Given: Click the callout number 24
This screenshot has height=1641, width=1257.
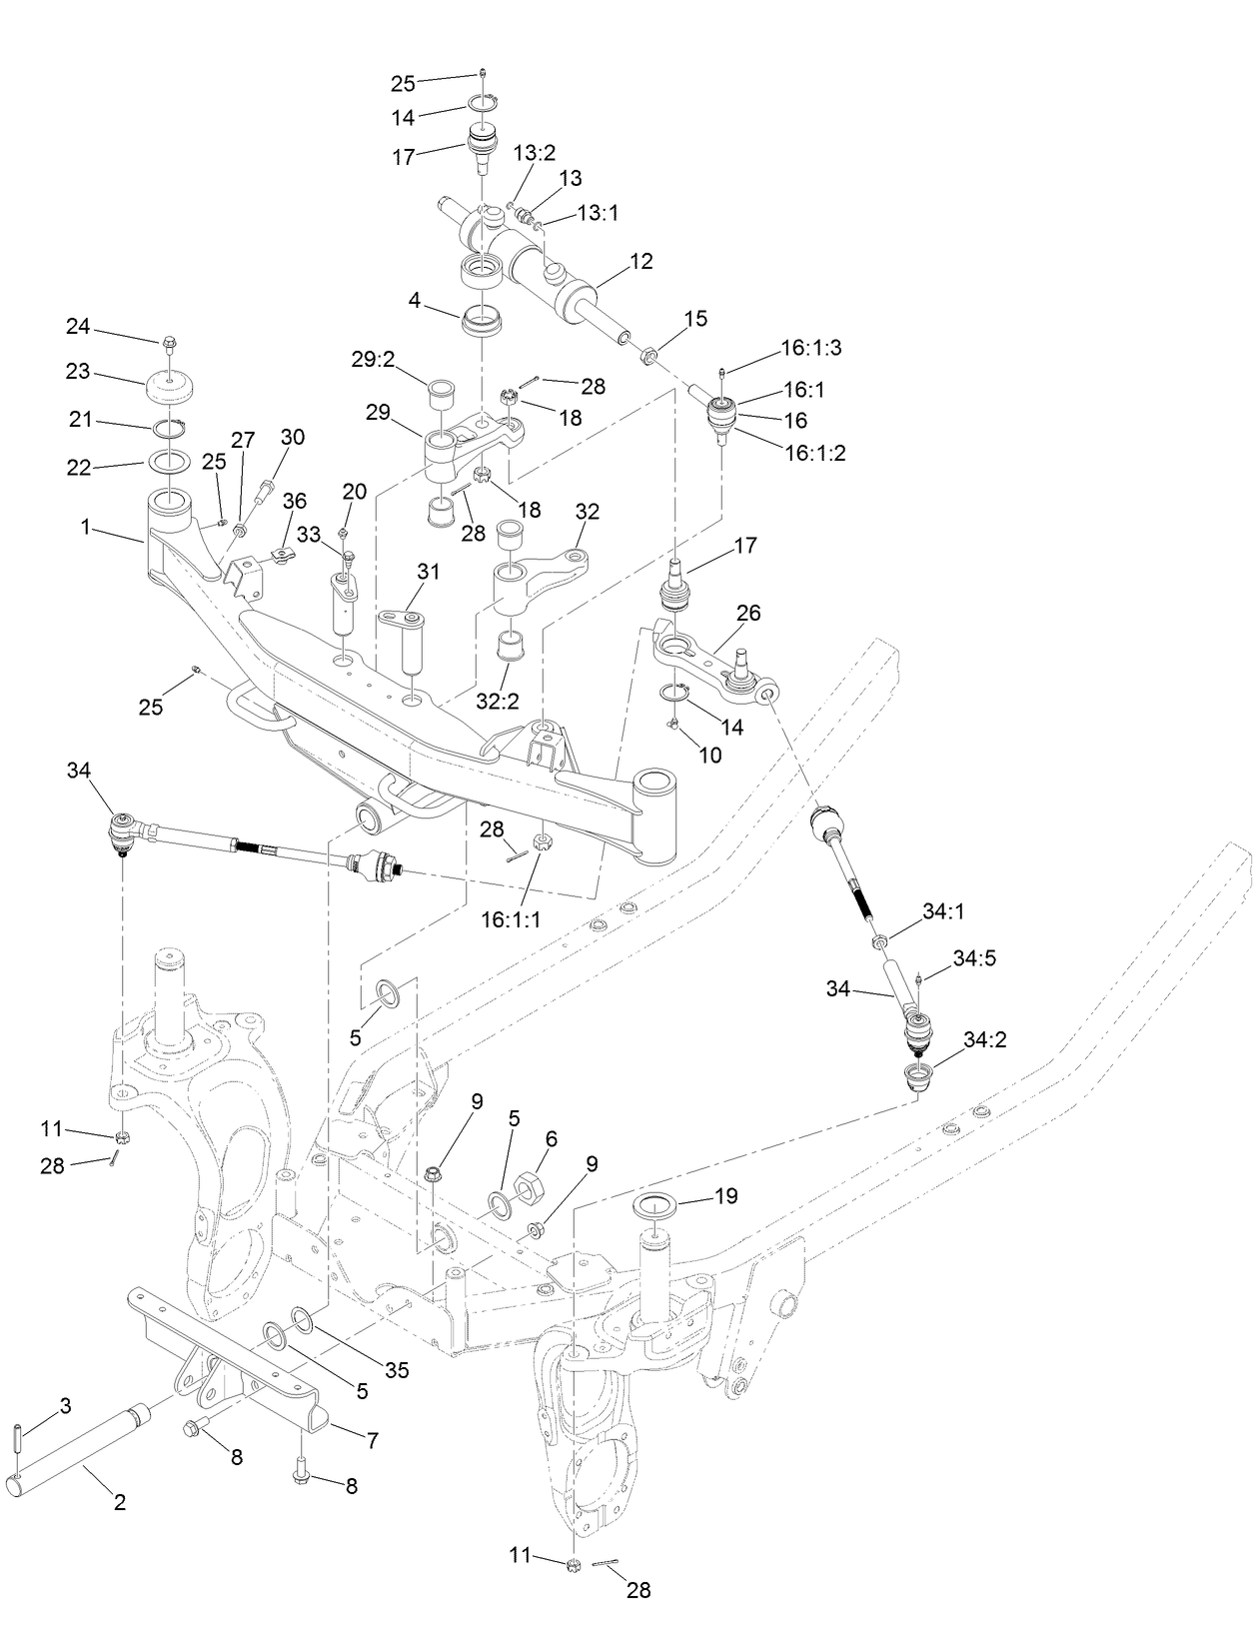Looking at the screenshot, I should (78, 327).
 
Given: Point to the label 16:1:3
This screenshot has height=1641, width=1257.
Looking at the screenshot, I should (811, 348).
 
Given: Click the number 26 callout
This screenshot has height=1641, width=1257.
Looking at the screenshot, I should (748, 613).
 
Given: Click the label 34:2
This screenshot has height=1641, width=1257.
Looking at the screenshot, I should (984, 1039).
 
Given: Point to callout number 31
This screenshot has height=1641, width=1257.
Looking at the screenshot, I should (429, 572).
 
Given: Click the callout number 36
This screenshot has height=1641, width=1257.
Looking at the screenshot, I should (295, 500).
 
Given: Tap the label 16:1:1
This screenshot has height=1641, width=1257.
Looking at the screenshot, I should (510, 919).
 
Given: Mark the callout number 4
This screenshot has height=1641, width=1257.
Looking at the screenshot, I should (413, 299).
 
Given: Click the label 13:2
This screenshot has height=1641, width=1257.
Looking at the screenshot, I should (535, 153).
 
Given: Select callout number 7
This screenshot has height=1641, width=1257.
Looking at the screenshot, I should (373, 1440).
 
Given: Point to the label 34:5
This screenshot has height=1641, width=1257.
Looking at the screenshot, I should (974, 958).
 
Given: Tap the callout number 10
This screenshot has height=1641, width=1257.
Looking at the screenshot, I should (709, 756).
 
